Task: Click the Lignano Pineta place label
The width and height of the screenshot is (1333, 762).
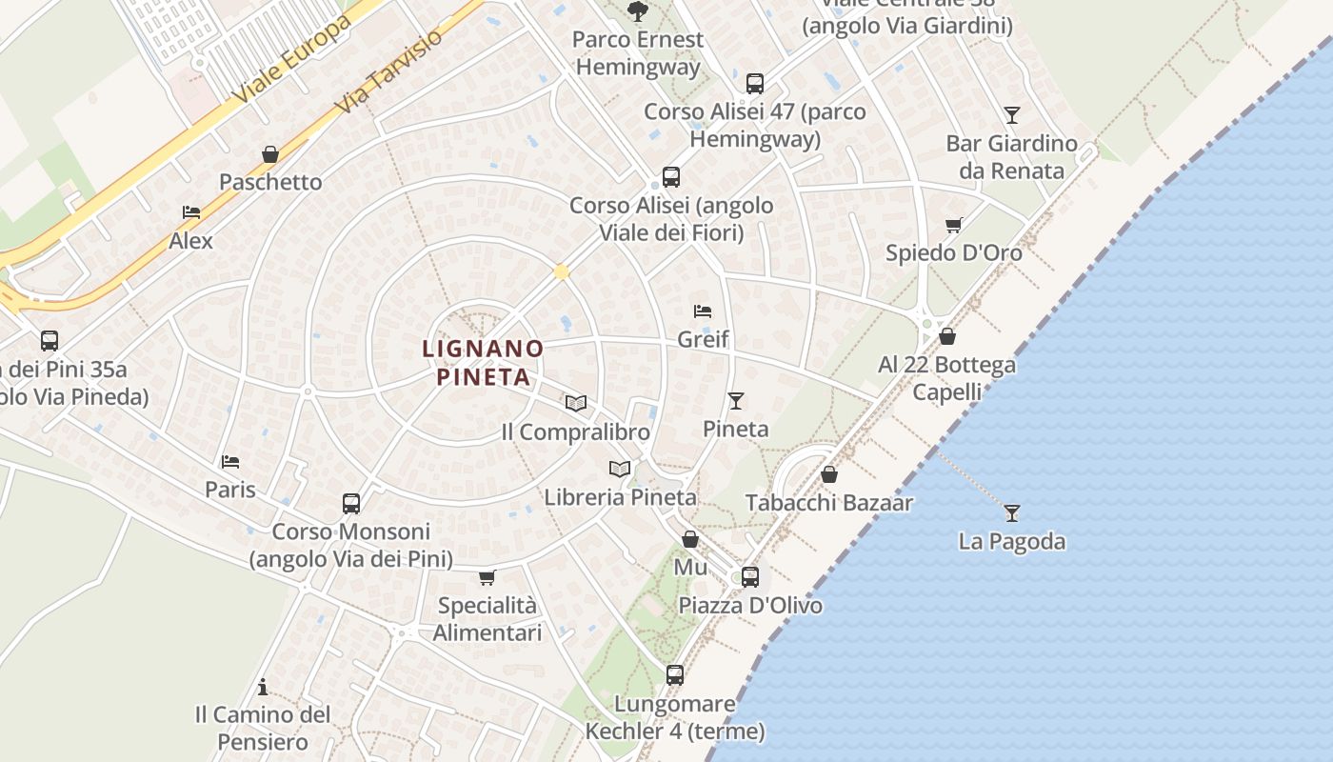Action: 483,362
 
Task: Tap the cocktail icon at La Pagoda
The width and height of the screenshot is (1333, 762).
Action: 1011,513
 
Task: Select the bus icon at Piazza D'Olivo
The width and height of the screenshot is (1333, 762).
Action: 750,576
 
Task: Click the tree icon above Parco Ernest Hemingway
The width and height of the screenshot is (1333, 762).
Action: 638,10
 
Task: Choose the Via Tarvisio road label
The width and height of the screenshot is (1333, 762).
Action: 389,71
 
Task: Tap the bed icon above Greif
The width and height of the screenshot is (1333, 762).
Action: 703,311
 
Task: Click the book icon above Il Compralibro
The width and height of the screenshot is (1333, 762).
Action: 575,403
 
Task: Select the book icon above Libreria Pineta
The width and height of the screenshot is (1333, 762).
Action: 620,469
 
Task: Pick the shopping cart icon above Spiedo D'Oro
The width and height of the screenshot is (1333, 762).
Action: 953,226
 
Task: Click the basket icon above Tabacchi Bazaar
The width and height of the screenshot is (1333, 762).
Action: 829,474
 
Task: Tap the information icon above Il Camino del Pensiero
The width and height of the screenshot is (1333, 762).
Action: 263,687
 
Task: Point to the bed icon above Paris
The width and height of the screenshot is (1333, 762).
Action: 230,462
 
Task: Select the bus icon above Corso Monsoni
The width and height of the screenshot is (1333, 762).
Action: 351,503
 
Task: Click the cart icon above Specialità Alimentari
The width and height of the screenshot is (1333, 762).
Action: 487,577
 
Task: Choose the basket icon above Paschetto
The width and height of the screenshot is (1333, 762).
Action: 270,154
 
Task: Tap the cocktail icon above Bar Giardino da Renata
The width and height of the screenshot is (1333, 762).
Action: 1011,115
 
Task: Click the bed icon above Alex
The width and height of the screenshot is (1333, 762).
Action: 191,212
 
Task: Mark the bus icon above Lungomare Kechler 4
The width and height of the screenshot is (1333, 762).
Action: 675,675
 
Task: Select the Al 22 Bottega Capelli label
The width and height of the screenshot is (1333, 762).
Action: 946,378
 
